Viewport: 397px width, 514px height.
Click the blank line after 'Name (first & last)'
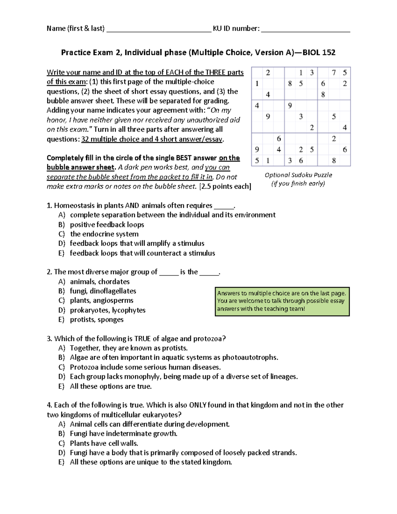point(159,30)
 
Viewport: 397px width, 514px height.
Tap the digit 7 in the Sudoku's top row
point(334,72)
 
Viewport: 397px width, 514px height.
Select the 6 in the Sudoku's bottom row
point(301,161)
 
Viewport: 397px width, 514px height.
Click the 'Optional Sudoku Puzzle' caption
point(298,175)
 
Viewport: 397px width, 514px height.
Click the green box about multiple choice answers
point(282,301)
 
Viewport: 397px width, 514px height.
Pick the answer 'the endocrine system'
point(104,234)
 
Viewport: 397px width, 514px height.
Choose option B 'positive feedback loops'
point(107,225)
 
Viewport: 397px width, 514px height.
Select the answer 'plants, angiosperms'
point(102,301)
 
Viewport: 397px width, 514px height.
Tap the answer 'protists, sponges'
point(97,320)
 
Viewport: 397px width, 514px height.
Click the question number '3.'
point(50,339)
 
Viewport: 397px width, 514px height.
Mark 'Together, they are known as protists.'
point(129,348)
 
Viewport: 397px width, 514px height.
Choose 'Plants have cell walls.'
point(104,443)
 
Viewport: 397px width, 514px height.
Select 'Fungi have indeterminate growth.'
point(123,434)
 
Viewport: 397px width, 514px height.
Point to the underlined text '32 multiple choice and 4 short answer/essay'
point(152,139)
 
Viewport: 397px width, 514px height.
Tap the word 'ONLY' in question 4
point(198,405)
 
